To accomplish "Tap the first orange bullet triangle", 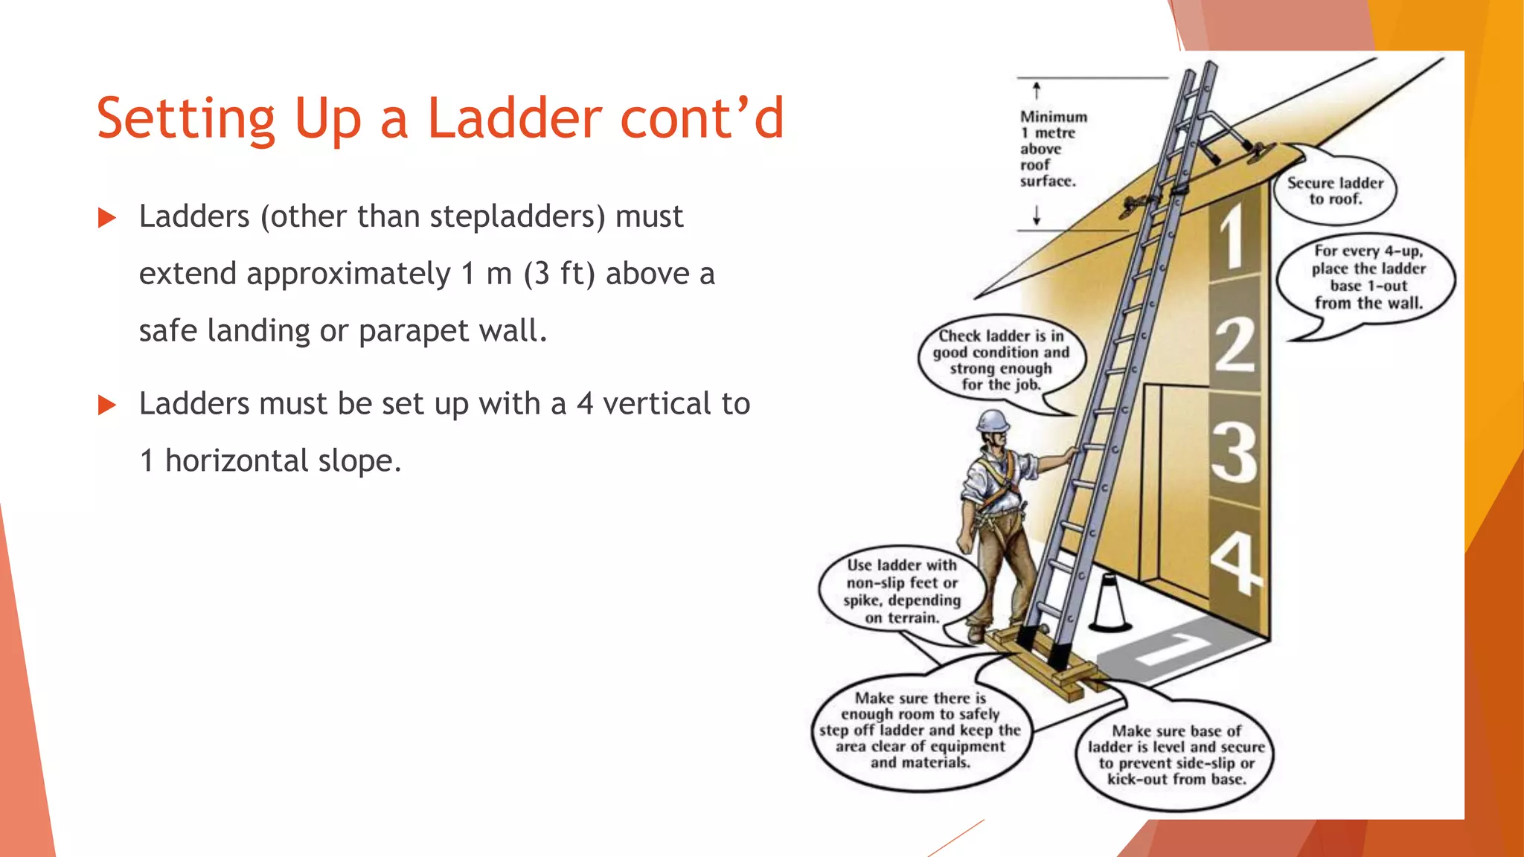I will click(107, 218).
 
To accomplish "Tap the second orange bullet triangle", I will click(107, 405).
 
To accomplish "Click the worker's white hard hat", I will click(993, 420).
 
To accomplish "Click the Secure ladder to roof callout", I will click(1335, 190).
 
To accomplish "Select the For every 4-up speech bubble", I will click(1368, 277).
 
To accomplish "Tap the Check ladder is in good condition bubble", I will click(1001, 360).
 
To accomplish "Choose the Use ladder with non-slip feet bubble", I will click(901, 591).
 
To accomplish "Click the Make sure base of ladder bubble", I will click(1176, 755).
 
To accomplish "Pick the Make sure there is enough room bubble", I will click(921, 730).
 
